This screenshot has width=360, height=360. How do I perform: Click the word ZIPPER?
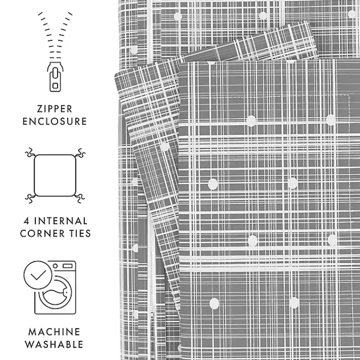[x=55, y=109]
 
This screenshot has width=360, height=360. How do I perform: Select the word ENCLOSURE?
[x=55, y=121]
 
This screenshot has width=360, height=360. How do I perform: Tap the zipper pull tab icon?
[x=55, y=77]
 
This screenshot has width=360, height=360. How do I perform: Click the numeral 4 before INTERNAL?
[x=26, y=221]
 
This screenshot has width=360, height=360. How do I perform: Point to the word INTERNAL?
[x=61, y=221]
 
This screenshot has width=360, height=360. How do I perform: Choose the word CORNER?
[x=42, y=233]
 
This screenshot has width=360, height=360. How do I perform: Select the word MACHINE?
[x=54, y=332]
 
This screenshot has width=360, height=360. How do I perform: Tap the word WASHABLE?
[x=54, y=344]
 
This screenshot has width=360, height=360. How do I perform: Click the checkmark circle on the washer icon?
[x=38, y=275]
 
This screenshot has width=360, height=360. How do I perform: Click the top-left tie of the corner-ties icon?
[x=31, y=153]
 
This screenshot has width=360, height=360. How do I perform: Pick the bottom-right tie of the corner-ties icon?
[x=79, y=198]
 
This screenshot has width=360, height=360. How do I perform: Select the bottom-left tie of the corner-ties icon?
[x=31, y=198]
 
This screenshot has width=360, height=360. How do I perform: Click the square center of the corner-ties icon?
[x=55, y=175]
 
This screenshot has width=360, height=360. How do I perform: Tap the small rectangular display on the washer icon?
[x=68, y=266]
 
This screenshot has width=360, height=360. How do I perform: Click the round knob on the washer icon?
[x=55, y=266]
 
